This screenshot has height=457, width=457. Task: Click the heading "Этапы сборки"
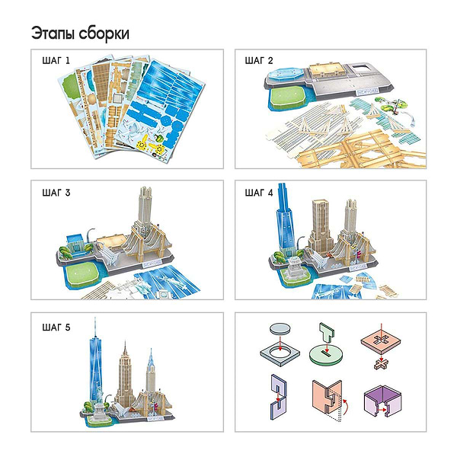tap(80, 34)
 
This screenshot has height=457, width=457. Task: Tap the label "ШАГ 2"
tap(258, 61)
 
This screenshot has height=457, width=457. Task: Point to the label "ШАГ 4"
tap(258, 192)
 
